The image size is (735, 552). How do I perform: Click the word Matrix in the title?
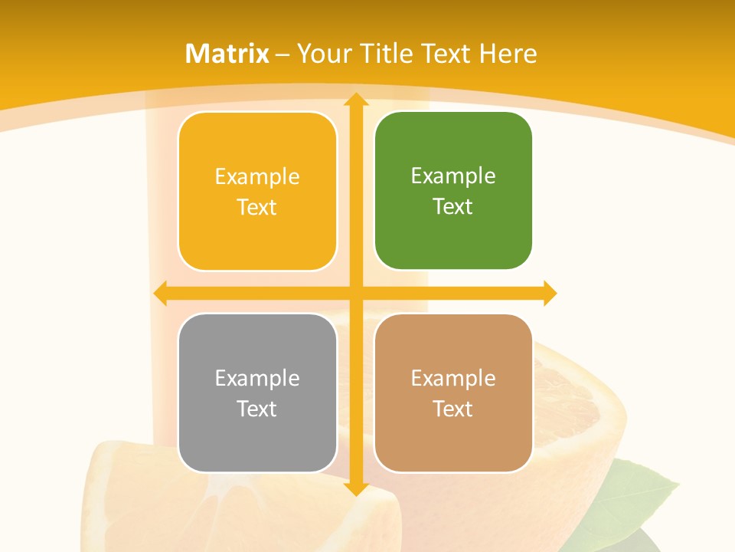[x=227, y=54]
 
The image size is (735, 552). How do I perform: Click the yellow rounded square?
[x=257, y=192]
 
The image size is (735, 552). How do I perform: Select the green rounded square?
[x=453, y=191]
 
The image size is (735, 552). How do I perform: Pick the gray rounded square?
[x=257, y=393]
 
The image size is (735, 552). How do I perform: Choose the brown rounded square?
[x=453, y=393]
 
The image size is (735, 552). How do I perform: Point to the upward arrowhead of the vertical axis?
[x=355, y=99]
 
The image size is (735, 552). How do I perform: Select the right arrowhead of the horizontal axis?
[x=550, y=293]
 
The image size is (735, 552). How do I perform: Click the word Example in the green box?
[x=453, y=176]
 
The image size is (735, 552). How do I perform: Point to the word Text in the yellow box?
[x=257, y=207]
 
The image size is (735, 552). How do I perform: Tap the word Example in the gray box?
[x=257, y=378]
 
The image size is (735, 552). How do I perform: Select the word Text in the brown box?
[x=453, y=409]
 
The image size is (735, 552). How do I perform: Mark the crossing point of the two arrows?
[x=355, y=293]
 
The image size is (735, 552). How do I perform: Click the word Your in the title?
[x=321, y=54]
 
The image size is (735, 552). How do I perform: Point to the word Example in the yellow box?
[x=257, y=177]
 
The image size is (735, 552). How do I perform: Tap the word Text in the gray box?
[x=257, y=409]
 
